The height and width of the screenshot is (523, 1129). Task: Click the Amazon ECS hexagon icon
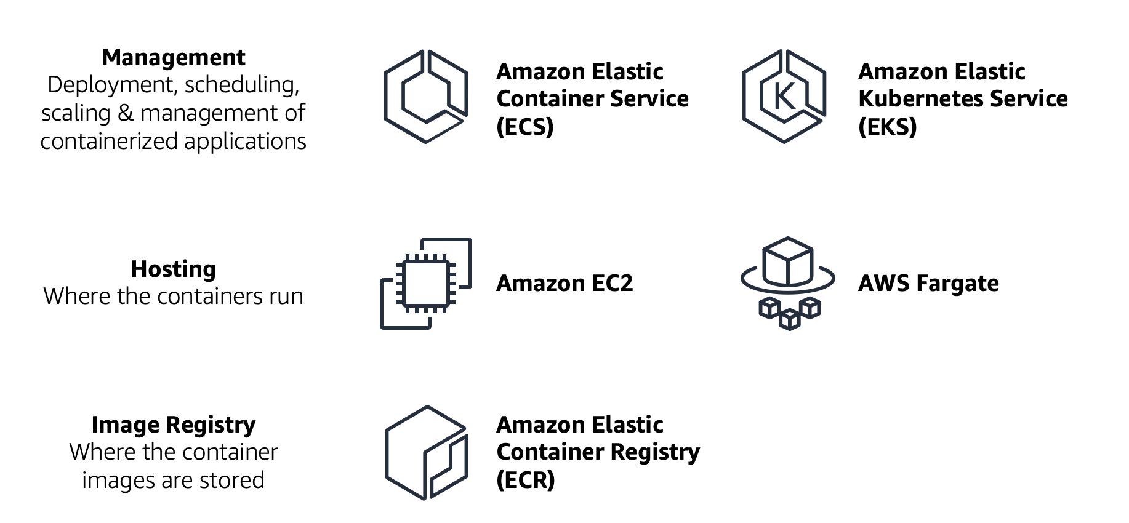(425, 97)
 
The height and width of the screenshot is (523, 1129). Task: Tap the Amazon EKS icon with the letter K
(784, 97)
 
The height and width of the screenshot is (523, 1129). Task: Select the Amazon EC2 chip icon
(425, 283)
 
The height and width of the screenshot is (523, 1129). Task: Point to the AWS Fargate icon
(787, 283)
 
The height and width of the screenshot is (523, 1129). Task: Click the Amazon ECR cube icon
(425, 452)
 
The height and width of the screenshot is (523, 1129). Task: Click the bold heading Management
(174, 57)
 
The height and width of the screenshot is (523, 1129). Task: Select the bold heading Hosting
(174, 269)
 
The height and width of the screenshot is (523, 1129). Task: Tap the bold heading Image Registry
(174, 425)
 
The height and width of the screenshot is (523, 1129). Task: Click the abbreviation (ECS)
(525, 126)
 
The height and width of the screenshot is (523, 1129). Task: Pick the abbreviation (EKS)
(887, 126)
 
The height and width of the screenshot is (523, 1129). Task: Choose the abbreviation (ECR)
(525, 479)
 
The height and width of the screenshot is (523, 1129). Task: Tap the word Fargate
(957, 284)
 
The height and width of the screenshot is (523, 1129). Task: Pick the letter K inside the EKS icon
(784, 97)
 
